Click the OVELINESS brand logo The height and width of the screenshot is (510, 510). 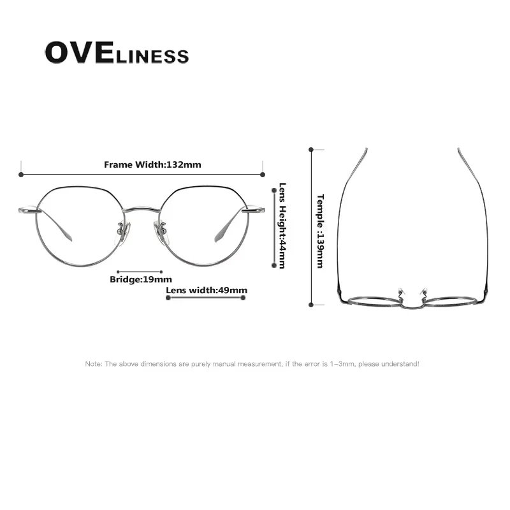(117, 54)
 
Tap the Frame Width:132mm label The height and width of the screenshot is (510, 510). (152, 164)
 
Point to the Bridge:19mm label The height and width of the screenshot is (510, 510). (140, 279)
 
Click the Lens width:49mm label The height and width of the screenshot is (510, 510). (207, 291)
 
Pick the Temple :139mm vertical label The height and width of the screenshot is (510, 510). (321, 231)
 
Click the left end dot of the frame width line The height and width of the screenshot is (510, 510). (21, 174)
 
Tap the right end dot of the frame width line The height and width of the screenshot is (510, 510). (262, 174)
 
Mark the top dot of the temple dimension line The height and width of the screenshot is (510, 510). (311, 150)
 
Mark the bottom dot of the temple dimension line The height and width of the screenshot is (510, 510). (311, 305)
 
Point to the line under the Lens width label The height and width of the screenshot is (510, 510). (207, 298)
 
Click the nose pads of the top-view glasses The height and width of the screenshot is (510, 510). (411, 292)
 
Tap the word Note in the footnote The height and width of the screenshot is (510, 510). (93, 364)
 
